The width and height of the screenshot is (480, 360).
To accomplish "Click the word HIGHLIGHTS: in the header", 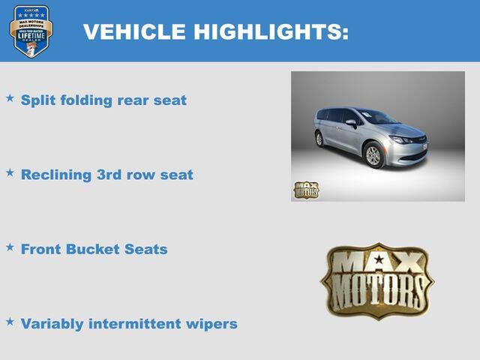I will [271, 31].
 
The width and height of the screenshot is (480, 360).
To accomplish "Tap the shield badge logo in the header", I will [31, 31].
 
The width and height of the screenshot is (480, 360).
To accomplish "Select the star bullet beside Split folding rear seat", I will [10, 97].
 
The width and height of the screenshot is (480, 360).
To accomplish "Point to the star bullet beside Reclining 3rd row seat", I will [10, 172].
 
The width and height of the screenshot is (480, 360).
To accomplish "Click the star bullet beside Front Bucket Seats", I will [10, 246].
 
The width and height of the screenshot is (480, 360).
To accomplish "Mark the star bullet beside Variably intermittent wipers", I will [10, 321].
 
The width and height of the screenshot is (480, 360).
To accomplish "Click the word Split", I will [37, 100].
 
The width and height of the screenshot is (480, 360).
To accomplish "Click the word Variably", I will [53, 324].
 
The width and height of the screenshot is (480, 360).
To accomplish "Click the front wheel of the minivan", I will [373, 155].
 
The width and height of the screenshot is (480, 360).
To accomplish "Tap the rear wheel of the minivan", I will [319, 139].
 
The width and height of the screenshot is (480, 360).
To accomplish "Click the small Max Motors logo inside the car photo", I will [306, 190].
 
